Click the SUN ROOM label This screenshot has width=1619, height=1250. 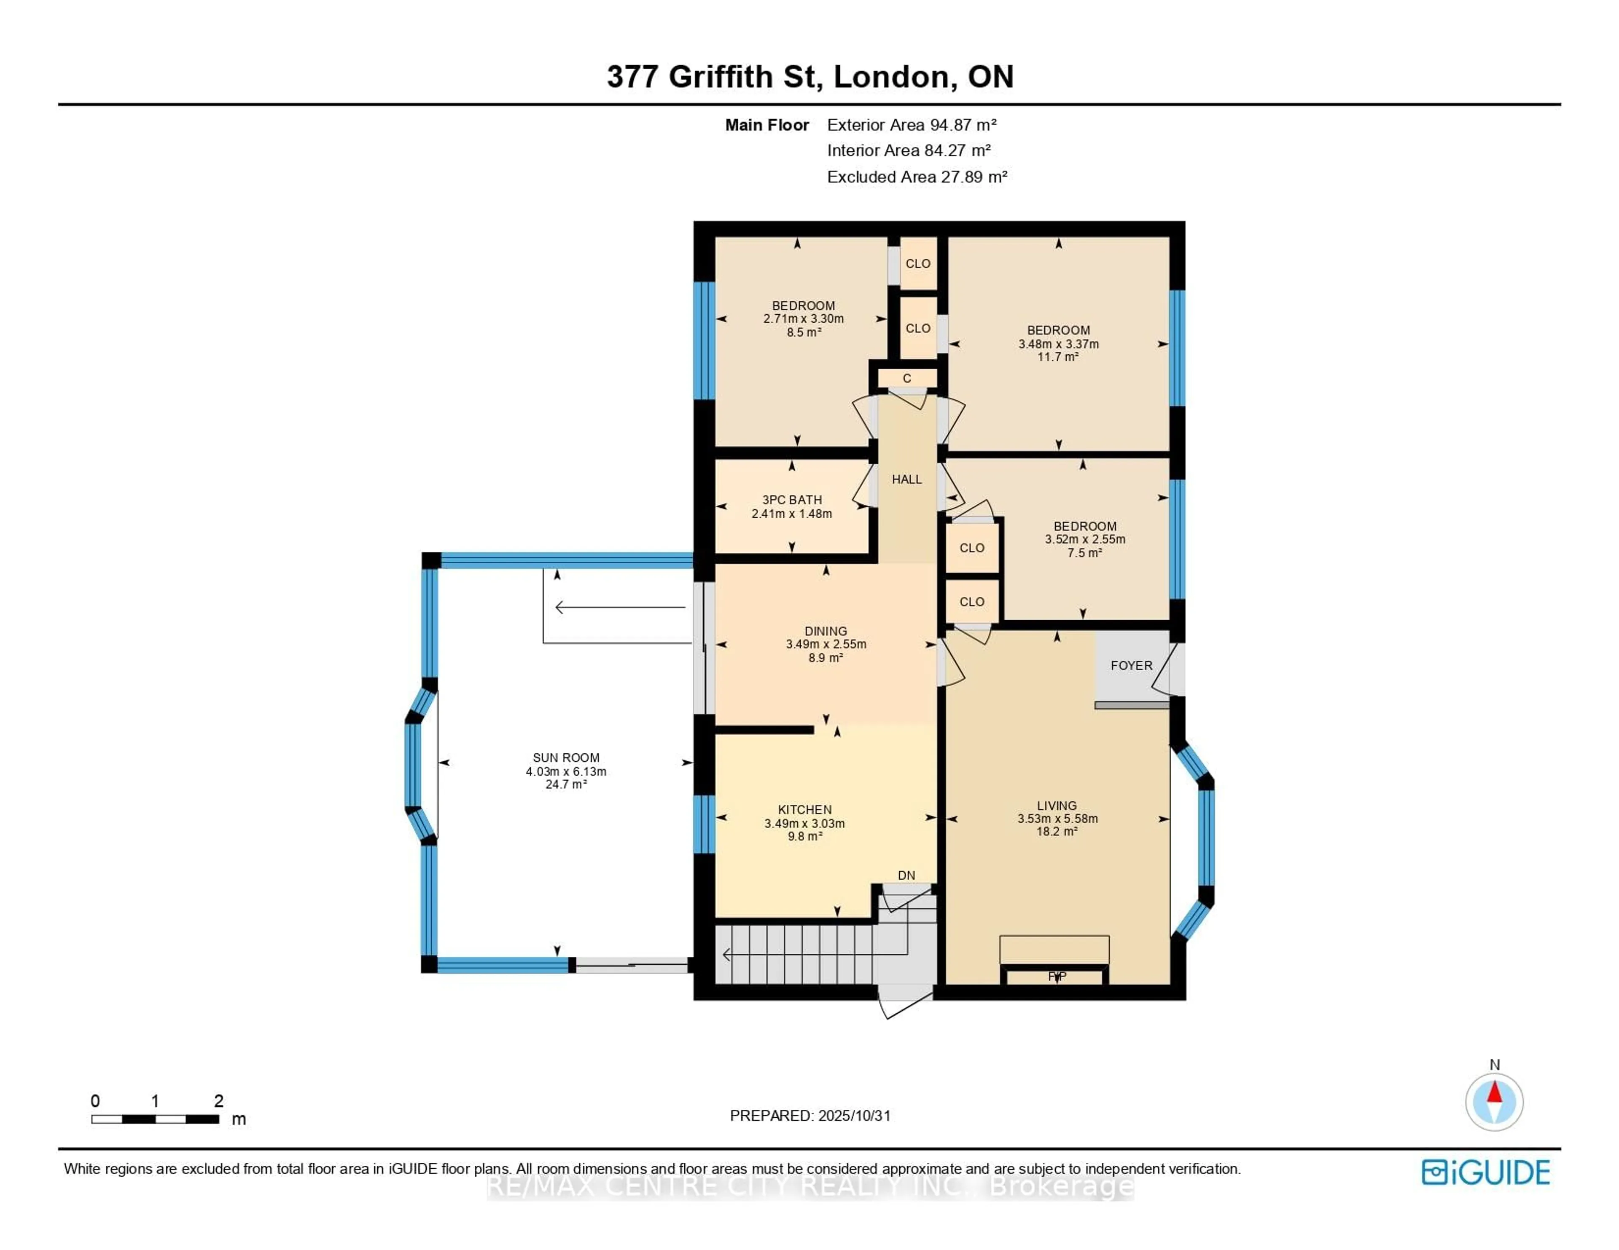566,757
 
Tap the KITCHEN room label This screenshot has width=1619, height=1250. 804,809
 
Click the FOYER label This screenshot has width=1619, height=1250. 1131,665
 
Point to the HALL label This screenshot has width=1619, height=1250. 906,479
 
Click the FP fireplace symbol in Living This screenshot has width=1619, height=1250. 1056,977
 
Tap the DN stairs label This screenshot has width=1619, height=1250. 906,875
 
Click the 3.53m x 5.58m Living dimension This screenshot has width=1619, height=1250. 1057,819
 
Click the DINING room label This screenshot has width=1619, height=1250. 826,631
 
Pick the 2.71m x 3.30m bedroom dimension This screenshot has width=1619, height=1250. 804,319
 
